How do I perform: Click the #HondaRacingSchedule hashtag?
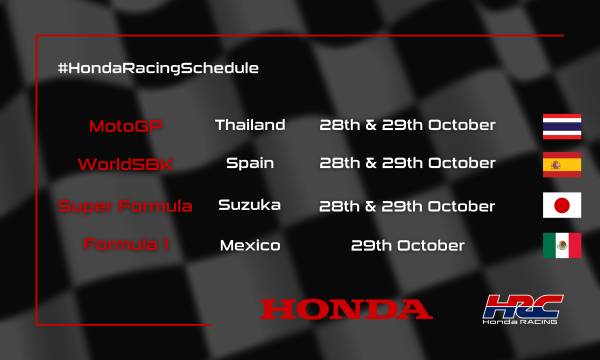tap(159, 68)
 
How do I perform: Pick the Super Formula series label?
tap(125, 206)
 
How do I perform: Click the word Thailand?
tap(250, 126)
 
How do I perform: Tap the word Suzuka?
tap(249, 205)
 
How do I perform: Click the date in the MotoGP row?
tap(406, 126)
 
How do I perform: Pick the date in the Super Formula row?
tap(406, 206)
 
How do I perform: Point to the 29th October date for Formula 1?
tap(406, 245)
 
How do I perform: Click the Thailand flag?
tap(562, 125)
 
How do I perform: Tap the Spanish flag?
tap(562, 164)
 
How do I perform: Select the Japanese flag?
tap(562, 205)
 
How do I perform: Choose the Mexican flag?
tap(562, 245)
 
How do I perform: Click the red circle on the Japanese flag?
tap(562, 205)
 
